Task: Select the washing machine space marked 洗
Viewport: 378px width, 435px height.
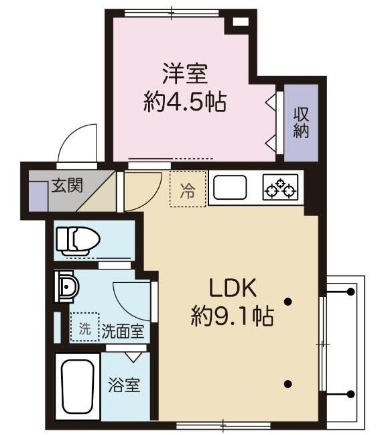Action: click(x=84, y=328)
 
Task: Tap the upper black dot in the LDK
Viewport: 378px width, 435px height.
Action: click(x=288, y=302)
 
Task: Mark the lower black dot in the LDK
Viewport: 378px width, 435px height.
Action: click(x=288, y=384)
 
